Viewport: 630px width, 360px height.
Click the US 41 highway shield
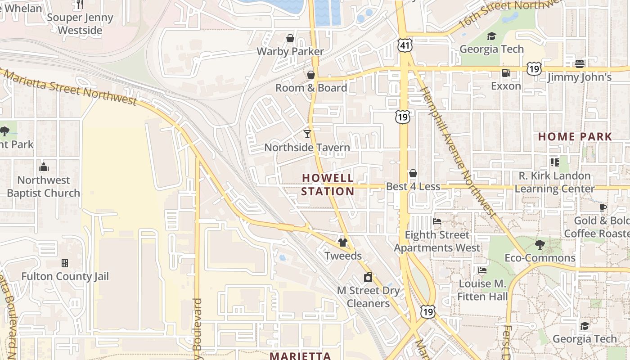coord(405,45)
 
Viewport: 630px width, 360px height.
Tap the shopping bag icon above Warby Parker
coord(290,38)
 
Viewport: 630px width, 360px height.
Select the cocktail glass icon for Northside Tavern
coord(307,134)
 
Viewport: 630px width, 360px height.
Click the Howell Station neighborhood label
coord(328,184)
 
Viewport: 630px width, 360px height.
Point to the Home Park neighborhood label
coord(575,136)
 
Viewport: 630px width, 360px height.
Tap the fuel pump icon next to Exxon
coord(506,72)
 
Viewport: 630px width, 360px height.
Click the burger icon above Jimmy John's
coord(580,63)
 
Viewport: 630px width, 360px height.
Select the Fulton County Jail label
coord(65,276)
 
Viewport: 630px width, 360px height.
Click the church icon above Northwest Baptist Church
coord(44,167)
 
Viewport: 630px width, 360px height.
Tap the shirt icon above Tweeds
coord(343,243)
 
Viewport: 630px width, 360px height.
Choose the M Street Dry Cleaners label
coord(368,297)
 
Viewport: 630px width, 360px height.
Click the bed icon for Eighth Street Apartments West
coord(437,221)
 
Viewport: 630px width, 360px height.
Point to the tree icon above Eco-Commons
coord(540,245)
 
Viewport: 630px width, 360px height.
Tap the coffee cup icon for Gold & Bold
coord(603,207)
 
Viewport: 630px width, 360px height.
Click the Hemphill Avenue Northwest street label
coord(457,151)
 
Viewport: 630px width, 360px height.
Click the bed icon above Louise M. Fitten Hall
coord(482,270)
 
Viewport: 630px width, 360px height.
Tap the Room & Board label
coord(311,88)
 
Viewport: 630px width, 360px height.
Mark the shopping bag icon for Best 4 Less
coord(413,173)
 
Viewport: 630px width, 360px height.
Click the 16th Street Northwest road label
coord(511,11)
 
